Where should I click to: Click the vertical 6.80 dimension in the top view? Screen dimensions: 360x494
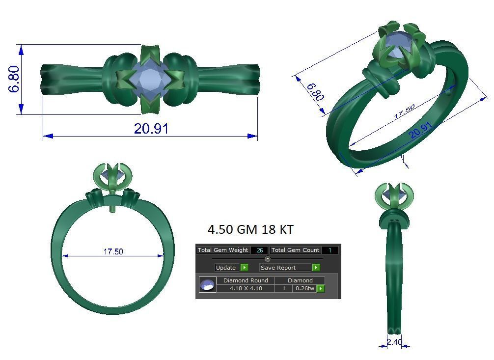[14, 79]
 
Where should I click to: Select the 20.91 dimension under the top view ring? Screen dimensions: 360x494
[151, 129]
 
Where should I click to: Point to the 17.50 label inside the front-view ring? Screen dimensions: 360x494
[113, 251]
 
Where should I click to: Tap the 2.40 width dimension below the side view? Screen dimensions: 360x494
[394, 342]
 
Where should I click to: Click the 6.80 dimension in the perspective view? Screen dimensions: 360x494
[315, 92]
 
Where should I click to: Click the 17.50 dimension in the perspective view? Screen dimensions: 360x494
[404, 111]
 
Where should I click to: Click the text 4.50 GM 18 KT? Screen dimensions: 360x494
[250, 230]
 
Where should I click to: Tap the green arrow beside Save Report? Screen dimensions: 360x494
[316, 268]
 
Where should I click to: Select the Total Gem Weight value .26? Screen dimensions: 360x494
[259, 250]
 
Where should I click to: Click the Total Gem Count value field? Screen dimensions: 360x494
[330, 250]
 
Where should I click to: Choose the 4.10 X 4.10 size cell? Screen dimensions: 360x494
[246, 288]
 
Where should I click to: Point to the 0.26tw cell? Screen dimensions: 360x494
[304, 288]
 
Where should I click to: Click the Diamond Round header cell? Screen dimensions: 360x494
[246, 280]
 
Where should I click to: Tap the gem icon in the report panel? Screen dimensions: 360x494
[207, 284]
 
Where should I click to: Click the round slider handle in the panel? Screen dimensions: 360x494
[267, 259]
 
